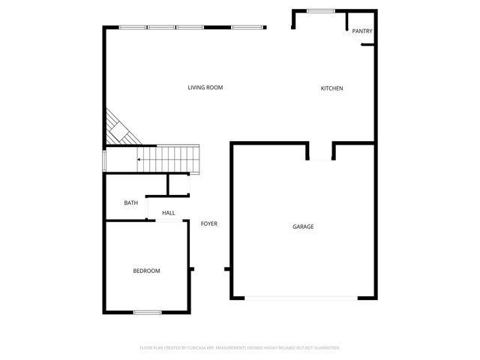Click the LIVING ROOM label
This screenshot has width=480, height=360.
pos(205,88)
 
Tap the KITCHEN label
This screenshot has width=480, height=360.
pos(331,88)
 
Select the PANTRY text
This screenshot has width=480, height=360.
pos(362,31)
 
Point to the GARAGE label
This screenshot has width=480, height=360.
pos(303,226)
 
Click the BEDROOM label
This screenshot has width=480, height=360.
pos(146,271)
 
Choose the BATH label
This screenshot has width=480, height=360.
pos(130,203)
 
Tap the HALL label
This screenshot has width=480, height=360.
pos(168,213)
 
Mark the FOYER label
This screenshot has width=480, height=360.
pos(209,223)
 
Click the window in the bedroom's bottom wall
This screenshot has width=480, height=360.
pos(147,312)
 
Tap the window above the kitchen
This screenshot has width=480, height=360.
pos(321,10)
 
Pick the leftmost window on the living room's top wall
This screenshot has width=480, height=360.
pos(133,28)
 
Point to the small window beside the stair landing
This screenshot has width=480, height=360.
pos(104,160)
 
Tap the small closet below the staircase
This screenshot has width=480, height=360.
pos(178,184)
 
